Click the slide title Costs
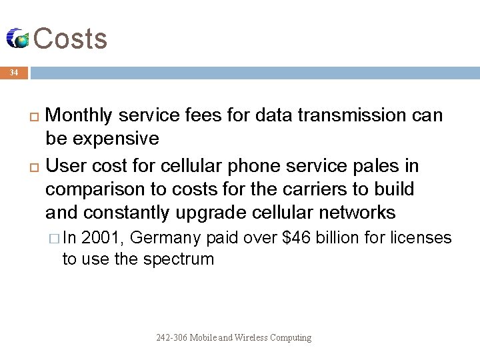pyautogui.click(x=70, y=39)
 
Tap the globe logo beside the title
pyautogui.click(x=18, y=39)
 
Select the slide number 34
pyautogui.click(x=14, y=72)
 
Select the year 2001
pyautogui.click(x=105, y=238)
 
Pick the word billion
pyautogui.click(x=339, y=238)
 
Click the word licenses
pyautogui.click(x=421, y=238)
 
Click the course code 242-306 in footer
pyautogui.click(x=171, y=338)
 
